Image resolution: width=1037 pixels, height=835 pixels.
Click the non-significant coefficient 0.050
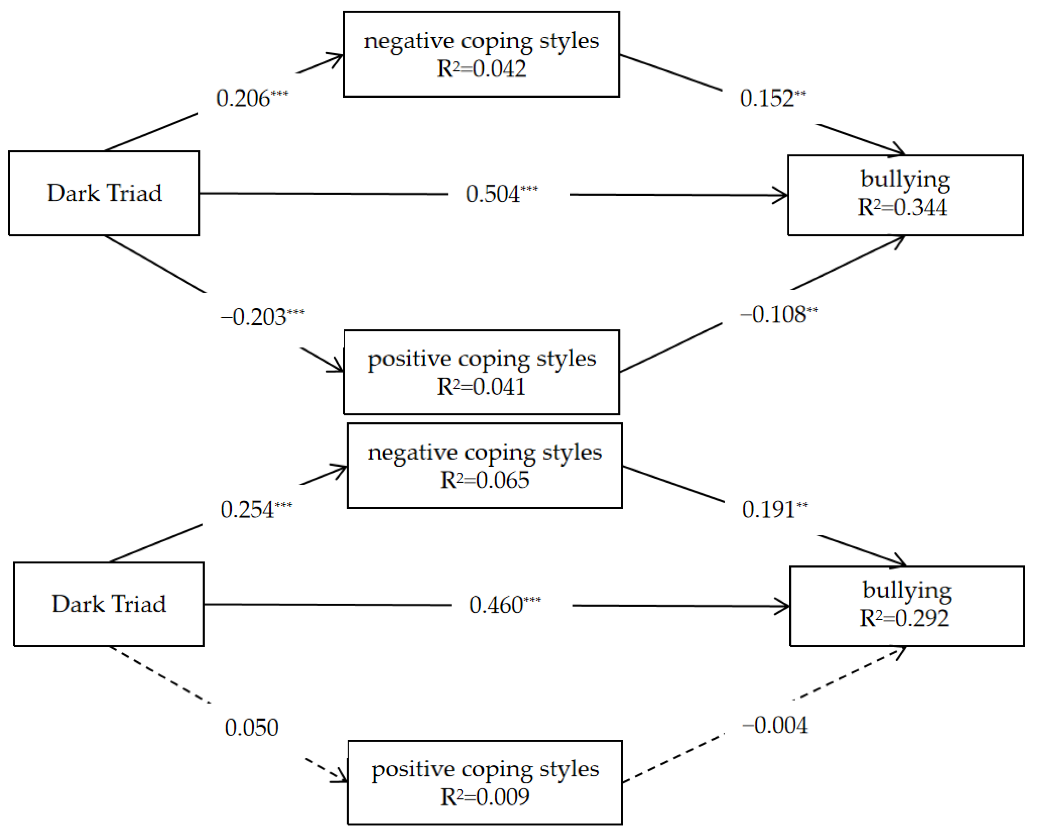251,727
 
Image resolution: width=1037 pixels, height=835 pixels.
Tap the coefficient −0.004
775,725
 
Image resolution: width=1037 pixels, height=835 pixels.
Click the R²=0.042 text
481,69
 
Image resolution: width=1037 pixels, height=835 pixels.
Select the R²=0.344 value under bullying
902,207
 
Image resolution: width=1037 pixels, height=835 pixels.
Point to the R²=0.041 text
481,387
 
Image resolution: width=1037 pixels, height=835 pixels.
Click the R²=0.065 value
485,480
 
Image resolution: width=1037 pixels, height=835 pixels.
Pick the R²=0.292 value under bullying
904,618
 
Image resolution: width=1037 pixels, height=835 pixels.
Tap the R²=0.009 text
485,797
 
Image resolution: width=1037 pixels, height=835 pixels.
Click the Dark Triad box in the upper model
104,193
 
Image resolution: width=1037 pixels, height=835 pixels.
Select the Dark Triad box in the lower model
109,604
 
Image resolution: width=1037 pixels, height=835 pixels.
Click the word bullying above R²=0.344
905,179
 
